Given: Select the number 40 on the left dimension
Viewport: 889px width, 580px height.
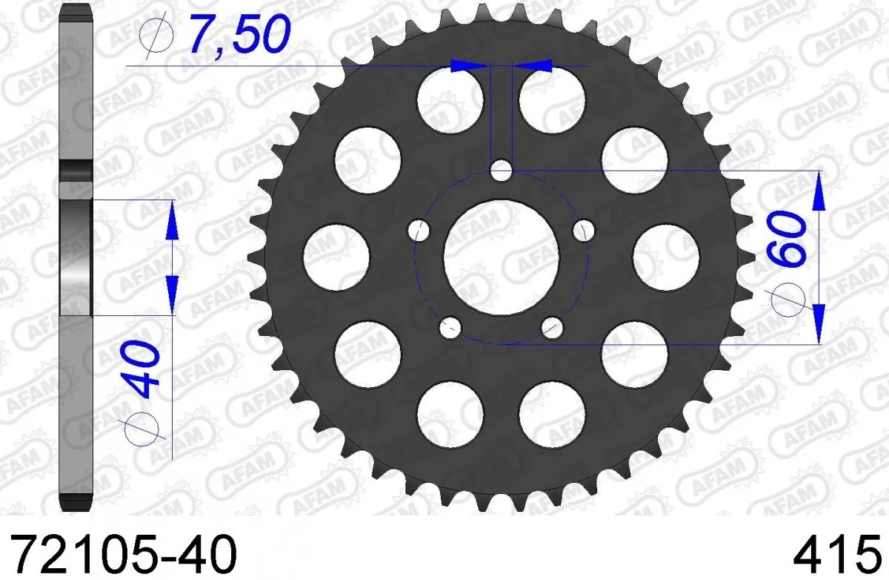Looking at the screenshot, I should (x=141, y=372).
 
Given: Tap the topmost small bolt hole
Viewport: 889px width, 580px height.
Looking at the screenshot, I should (x=502, y=171).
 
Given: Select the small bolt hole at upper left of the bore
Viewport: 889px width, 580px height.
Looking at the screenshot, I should (x=419, y=230).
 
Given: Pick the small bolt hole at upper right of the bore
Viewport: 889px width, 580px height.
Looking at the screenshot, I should (x=584, y=230).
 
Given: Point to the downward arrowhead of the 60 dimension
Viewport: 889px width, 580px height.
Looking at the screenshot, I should (x=819, y=323).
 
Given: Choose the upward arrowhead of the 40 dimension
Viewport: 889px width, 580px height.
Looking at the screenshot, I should (x=172, y=220).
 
